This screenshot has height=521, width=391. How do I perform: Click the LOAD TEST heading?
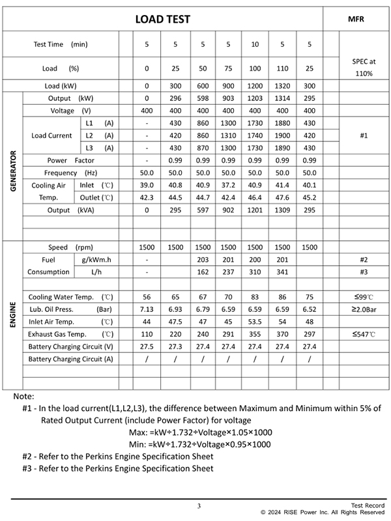point(163,20)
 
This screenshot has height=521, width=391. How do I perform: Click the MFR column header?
point(356,20)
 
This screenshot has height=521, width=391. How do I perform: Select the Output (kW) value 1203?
point(255,98)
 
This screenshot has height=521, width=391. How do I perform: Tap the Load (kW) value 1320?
point(282,86)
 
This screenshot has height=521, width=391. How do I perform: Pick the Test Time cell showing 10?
point(255,44)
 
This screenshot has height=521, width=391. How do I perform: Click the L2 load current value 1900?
point(282,135)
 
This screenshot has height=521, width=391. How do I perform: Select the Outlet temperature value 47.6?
point(282,198)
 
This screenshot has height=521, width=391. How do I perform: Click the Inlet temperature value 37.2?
point(228,186)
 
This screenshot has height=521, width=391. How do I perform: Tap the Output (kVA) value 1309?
point(282,210)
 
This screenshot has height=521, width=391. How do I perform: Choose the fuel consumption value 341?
point(282,272)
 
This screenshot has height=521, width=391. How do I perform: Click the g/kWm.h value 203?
point(203,260)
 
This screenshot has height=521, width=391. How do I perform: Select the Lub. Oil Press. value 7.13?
point(147,309)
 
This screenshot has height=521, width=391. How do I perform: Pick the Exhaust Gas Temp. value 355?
point(255,334)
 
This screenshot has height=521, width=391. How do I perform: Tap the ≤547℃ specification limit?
point(356,334)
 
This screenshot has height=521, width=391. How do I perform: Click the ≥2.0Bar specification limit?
point(356,309)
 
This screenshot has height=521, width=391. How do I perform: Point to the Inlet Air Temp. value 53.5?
point(255,322)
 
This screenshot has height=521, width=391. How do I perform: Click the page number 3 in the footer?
point(199,506)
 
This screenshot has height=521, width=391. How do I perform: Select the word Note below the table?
point(23,396)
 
